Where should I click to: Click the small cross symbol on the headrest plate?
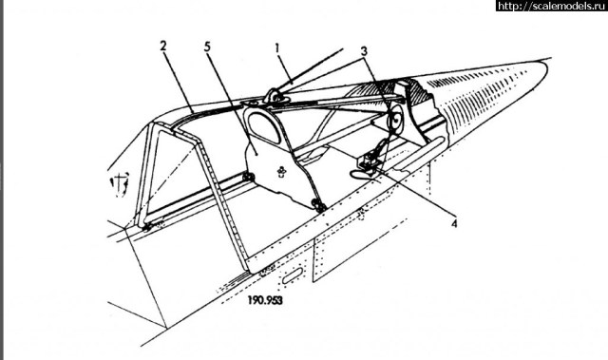pyautogui.click(x=282, y=171)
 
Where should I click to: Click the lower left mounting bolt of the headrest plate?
pyautogui.click(x=249, y=178)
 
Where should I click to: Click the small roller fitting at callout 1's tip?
pyautogui.click(x=270, y=95)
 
